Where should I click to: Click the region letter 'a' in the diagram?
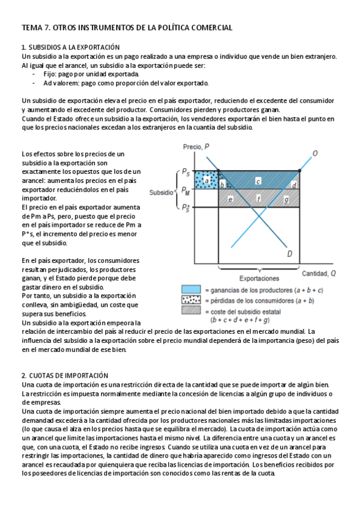tap(207, 180)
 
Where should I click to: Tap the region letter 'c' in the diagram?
tap(258, 181)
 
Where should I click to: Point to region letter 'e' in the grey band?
tap(230, 198)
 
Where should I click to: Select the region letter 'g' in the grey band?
tap(286, 200)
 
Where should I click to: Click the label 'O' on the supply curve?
tap(315, 153)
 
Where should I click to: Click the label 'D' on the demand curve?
tap(290, 254)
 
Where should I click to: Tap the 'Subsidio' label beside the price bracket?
tap(161, 192)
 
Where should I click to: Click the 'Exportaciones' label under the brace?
tap(259, 278)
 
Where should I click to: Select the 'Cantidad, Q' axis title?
tap(319, 274)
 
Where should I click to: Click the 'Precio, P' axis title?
tap(196, 147)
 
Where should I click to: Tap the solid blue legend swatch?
tap(191, 289)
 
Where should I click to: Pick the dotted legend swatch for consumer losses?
tap(191, 300)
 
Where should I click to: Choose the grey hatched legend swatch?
tap(191, 310)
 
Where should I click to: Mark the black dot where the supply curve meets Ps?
tap(299, 170)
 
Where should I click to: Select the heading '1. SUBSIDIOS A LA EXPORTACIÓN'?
tap(71, 47)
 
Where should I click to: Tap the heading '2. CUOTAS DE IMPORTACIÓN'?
tap(65, 375)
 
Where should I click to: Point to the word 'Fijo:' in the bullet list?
tap(50, 74)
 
